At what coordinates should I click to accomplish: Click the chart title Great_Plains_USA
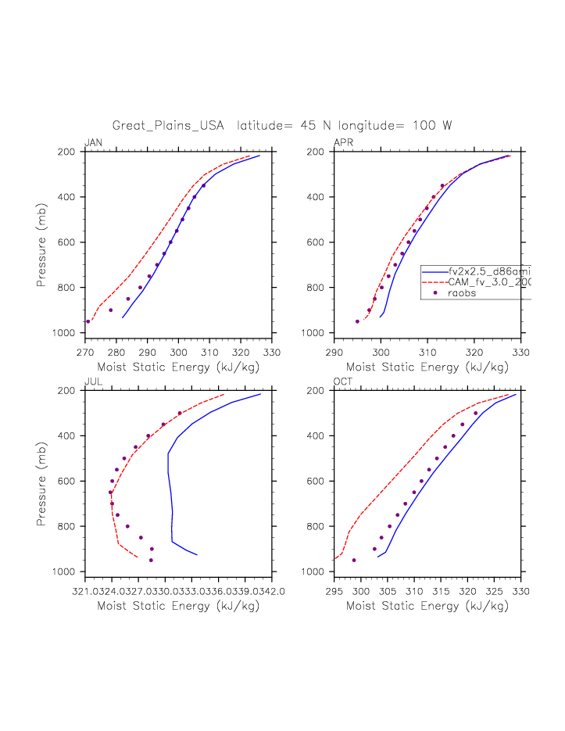pyautogui.click(x=168, y=126)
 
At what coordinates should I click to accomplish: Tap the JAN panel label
pyautogui.click(x=93, y=142)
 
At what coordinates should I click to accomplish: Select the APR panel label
pyautogui.click(x=343, y=142)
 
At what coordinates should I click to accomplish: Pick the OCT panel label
pyautogui.click(x=343, y=381)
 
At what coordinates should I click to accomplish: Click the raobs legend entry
pyautogui.click(x=462, y=293)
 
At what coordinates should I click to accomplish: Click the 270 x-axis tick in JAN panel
pyautogui.click(x=85, y=352)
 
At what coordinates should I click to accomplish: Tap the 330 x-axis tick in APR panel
pyautogui.click(x=521, y=352)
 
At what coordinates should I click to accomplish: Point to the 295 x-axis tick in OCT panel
pyautogui.click(x=334, y=590)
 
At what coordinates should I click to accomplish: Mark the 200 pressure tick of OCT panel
pyautogui.click(x=320, y=390)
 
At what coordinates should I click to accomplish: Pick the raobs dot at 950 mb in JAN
pyautogui.click(x=88, y=321)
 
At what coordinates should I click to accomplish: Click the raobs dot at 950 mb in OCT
pyautogui.click(x=354, y=560)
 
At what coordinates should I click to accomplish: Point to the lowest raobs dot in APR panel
pyautogui.click(x=358, y=321)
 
